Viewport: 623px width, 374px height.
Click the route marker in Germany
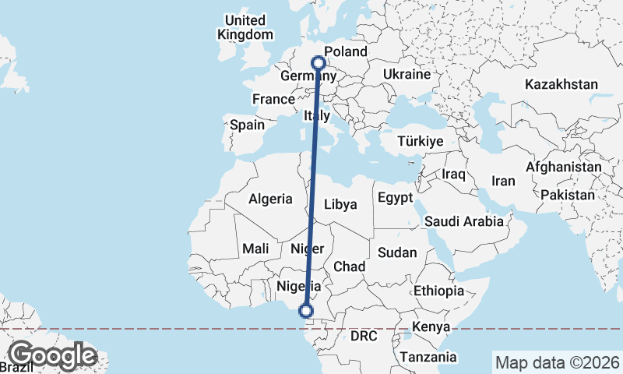[319, 62]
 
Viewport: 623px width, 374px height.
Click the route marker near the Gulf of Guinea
[306, 311]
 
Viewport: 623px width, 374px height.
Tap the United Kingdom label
[245, 27]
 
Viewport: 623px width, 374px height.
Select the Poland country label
[346, 52]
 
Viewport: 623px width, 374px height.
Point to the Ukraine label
[407, 75]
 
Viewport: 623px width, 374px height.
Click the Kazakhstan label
[561, 84]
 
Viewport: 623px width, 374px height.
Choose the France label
[273, 99]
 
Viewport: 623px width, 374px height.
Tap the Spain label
[247, 125]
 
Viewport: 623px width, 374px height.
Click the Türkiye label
[420, 142]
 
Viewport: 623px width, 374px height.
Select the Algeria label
[271, 199]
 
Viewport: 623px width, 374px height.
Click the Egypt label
[395, 198]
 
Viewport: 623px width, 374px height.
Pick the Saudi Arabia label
[463, 221]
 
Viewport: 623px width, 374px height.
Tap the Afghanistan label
[564, 167]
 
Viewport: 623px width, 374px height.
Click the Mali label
[255, 249]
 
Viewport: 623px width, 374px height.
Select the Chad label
[350, 266]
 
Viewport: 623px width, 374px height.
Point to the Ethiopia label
[439, 291]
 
